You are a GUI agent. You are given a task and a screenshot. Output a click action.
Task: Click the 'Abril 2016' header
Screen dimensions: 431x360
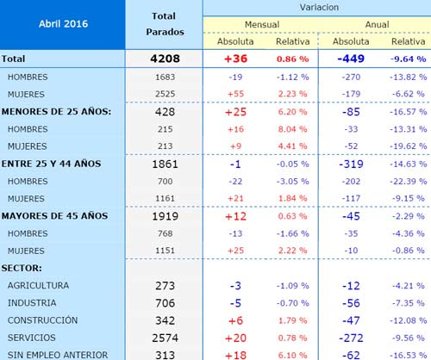(63, 23)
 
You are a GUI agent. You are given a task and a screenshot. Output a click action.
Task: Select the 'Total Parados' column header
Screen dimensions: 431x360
(165, 24)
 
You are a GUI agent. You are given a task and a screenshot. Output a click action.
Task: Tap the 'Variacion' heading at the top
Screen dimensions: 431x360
(319, 7)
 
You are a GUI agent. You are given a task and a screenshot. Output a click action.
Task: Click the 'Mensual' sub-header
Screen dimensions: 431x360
(262, 24)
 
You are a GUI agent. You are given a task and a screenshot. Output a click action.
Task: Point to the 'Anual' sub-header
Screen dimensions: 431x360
(377, 24)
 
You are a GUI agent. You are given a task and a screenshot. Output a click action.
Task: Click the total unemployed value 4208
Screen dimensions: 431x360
(165, 59)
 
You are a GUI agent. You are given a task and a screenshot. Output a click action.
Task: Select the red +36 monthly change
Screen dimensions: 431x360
(235, 59)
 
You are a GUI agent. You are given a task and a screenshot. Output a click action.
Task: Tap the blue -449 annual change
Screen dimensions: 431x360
(351, 59)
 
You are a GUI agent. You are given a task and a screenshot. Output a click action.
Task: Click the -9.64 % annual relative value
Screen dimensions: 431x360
(408, 59)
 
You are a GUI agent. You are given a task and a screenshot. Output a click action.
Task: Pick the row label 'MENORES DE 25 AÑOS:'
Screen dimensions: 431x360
(56, 111)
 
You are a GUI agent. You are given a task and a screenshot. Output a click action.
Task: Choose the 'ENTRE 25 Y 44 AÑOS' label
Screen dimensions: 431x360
(51, 164)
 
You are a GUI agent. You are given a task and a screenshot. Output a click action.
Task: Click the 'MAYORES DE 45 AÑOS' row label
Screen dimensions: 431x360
(54, 216)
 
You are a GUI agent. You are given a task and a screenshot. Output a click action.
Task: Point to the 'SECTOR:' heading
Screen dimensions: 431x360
(22, 268)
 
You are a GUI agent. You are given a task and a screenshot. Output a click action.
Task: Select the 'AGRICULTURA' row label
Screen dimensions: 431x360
(38, 286)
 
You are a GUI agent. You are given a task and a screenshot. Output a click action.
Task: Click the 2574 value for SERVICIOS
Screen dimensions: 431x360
(165, 338)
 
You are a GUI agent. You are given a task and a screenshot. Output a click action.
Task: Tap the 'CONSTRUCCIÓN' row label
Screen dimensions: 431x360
(42, 320)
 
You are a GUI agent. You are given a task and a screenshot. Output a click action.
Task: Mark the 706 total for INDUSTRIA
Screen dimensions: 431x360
(165, 303)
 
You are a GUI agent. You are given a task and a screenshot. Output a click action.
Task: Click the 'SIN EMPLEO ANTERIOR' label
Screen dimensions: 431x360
(58, 355)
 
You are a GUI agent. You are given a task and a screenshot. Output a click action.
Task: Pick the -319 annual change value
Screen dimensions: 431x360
(351, 164)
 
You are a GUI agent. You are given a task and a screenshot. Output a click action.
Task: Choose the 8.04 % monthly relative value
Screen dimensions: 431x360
(292, 129)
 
